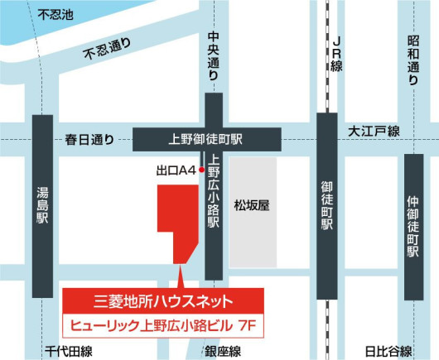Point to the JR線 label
pos(335,55)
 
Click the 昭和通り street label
pos(413,60)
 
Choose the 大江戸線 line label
pos(374,132)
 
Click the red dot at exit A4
pos(201,170)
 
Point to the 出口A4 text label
pos(174,170)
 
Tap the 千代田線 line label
pos(70,351)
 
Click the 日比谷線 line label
pos(388,351)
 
